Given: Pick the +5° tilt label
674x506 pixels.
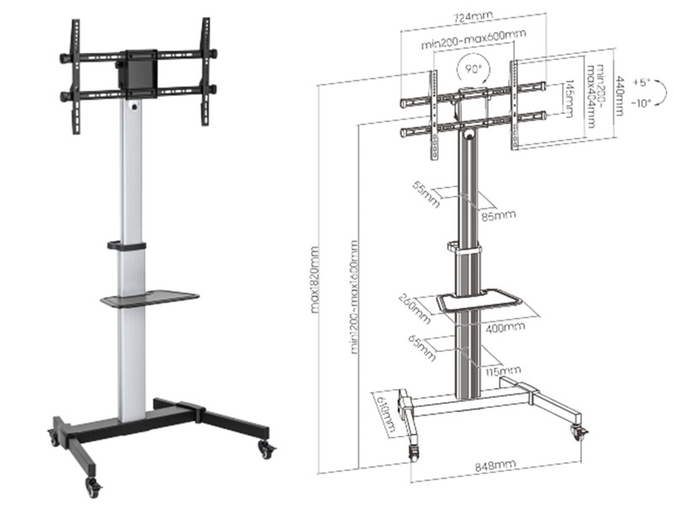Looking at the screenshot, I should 645,83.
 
